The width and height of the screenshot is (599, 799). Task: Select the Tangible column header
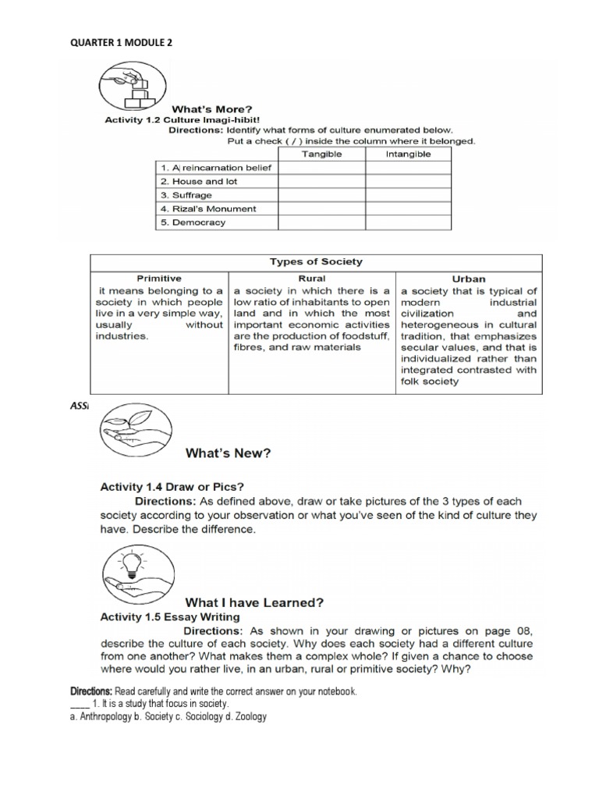coord(321,154)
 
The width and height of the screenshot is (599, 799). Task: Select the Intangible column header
coord(408,154)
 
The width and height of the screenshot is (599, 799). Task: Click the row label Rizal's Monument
coord(208,209)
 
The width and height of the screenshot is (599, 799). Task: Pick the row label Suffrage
coord(186,195)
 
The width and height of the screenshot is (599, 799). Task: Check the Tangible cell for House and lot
coord(321,181)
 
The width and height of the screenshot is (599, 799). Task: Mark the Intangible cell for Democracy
coord(408,222)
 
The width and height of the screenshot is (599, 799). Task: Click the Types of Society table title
coord(315,261)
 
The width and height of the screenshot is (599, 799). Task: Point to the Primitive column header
coord(159,278)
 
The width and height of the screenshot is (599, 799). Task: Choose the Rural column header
coord(312,278)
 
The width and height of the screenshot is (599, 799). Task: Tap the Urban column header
coord(468,278)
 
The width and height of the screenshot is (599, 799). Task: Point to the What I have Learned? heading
coord(253,602)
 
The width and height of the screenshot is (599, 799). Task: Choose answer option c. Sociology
coord(173,716)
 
